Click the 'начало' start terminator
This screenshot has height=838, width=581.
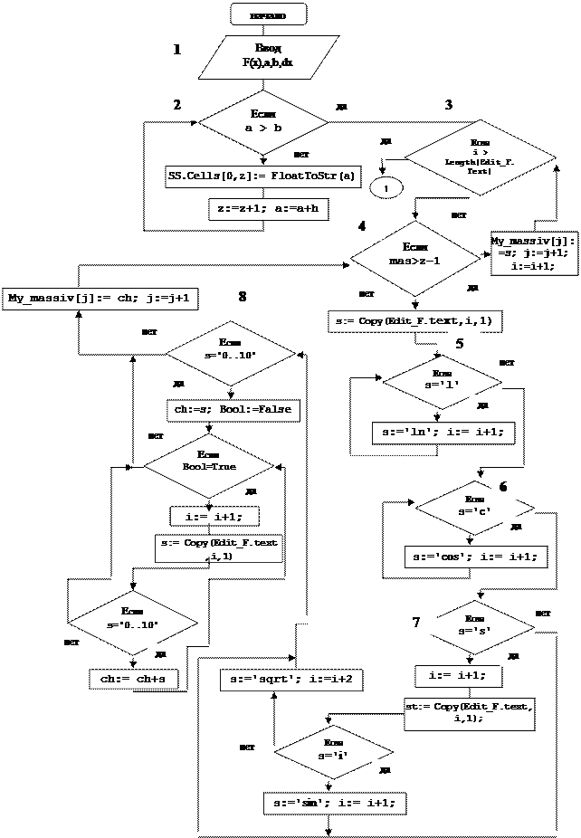click(268, 14)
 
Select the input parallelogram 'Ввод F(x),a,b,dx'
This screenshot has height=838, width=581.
click(268, 56)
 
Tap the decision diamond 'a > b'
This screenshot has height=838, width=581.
click(262, 122)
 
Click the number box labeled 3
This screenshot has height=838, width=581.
click(449, 106)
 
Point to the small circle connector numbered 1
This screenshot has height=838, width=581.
click(386, 187)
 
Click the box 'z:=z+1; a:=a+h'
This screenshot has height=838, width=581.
click(269, 209)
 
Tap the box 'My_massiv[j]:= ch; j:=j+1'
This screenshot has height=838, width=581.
click(101, 298)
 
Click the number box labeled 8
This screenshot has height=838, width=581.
click(243, 296)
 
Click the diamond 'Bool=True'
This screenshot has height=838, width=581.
click(209, 465)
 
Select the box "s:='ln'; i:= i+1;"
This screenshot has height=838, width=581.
click(443, 433)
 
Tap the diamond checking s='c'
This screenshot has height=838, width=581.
click(474, 507)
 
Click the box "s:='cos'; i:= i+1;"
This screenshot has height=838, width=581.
click(476, 556)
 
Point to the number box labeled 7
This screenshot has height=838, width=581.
click(416, 623)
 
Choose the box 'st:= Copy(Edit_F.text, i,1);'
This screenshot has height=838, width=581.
click(470, 712)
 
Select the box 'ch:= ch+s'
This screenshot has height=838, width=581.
click(134, 679)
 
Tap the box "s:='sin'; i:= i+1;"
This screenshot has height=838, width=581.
click(335, 803)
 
